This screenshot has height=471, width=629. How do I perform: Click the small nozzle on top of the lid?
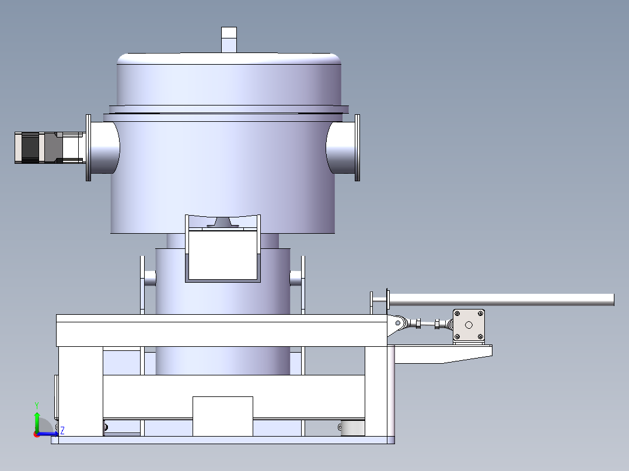coord(229,40)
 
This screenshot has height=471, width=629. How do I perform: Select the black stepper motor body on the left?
coord(30,147)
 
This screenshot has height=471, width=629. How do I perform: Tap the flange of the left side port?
coord(89,147)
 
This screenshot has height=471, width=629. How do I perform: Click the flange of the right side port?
coord(358,147)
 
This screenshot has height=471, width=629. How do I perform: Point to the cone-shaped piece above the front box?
coord(223,222)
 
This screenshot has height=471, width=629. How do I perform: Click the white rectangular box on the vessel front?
coord(223,255)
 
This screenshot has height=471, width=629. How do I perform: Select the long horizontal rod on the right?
coord(501,300)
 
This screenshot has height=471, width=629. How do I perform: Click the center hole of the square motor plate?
coord(469,325)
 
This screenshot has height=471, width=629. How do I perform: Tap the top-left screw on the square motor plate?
coord(457,314)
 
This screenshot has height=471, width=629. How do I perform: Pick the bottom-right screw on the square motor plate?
coord(480,337)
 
